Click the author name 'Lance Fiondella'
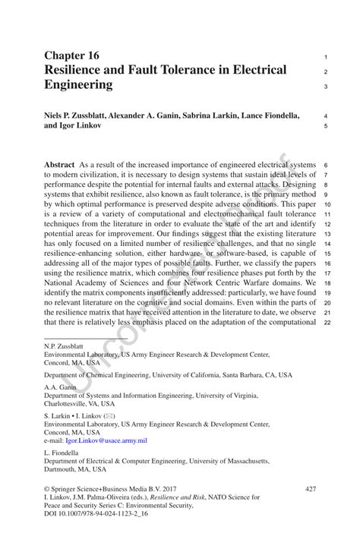273,115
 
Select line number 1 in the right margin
325,57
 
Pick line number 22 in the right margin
325,323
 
